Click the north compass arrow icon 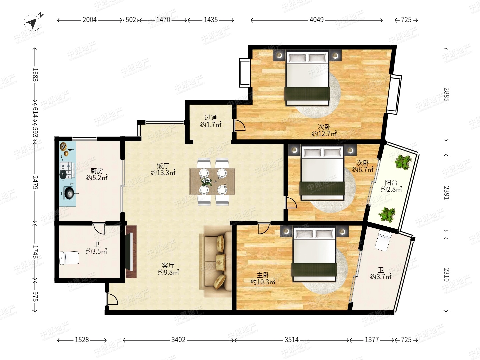tap(32, 22)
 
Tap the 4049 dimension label tap(316, 20)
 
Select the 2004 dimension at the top tap(89, 20)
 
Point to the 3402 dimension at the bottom tap(178, 340)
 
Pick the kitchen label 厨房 tap(96, 171)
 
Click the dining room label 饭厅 tap(163, 166)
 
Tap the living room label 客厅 tap(168, 265)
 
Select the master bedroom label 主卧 tap(263, 275)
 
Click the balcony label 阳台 tap(391, 182)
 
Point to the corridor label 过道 tap(211, 118)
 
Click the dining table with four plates tap(212, 181)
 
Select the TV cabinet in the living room tap(131, 252)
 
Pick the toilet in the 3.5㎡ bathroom tap(69, 258)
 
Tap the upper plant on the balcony tap(403, 162)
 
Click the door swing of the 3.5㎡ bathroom tap(99, 228)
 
